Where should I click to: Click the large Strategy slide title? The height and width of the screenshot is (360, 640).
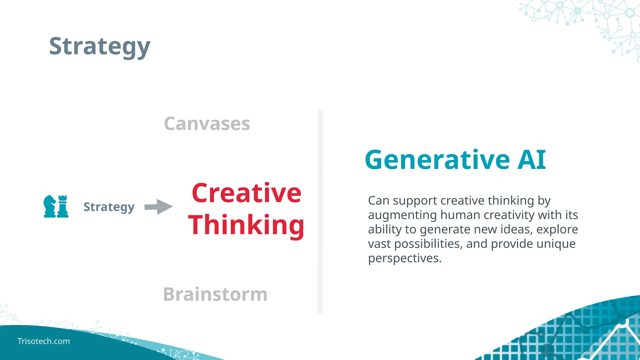[x=100, y=46]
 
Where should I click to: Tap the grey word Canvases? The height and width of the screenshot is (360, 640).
[x=207, y=124]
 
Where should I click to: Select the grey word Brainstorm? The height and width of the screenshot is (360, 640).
[x=215, y=294]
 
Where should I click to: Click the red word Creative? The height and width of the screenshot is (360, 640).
[x=246, y=193]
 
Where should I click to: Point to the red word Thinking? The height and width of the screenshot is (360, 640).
[x=246, y=225]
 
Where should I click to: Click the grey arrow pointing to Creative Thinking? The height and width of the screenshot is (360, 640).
[x=158, y=207]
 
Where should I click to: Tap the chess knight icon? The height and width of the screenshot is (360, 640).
[x=49, y=206]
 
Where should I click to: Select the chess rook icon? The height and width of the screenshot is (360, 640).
[x=63, y=206]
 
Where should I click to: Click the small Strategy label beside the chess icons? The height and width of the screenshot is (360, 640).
[x=109, y=207]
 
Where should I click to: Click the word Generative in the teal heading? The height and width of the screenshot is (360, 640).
[x=437, y=160]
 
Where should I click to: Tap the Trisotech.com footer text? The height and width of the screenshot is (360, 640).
[x=43, y=341]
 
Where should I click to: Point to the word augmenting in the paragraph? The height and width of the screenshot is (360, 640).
[x=402, y=215]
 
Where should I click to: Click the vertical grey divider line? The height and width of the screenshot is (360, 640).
[x=320, y=211]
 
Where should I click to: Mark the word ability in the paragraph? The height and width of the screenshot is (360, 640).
[x=385, y=230]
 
